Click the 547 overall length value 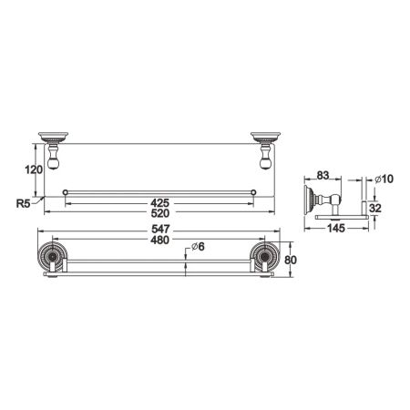click(159, 231)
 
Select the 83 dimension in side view click(323, 177)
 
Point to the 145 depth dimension click(337, 229)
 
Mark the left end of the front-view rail click(66, 191)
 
